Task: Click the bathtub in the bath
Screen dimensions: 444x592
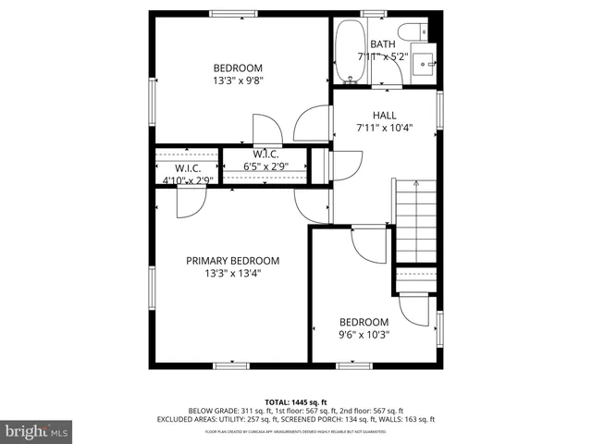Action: click(349, 51)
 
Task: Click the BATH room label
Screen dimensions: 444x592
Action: click(382, 44)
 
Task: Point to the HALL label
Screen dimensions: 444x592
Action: click(384, 116)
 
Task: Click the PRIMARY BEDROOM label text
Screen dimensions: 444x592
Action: click(232, 261)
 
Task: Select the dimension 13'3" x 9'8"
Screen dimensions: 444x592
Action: click(238, 80)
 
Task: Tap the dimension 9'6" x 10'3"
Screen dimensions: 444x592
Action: click(364, 335)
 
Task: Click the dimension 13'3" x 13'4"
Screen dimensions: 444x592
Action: click(232, 273)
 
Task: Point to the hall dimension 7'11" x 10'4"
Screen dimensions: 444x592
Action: click(384, 129)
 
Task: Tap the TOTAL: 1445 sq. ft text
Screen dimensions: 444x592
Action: click(297, 402)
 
